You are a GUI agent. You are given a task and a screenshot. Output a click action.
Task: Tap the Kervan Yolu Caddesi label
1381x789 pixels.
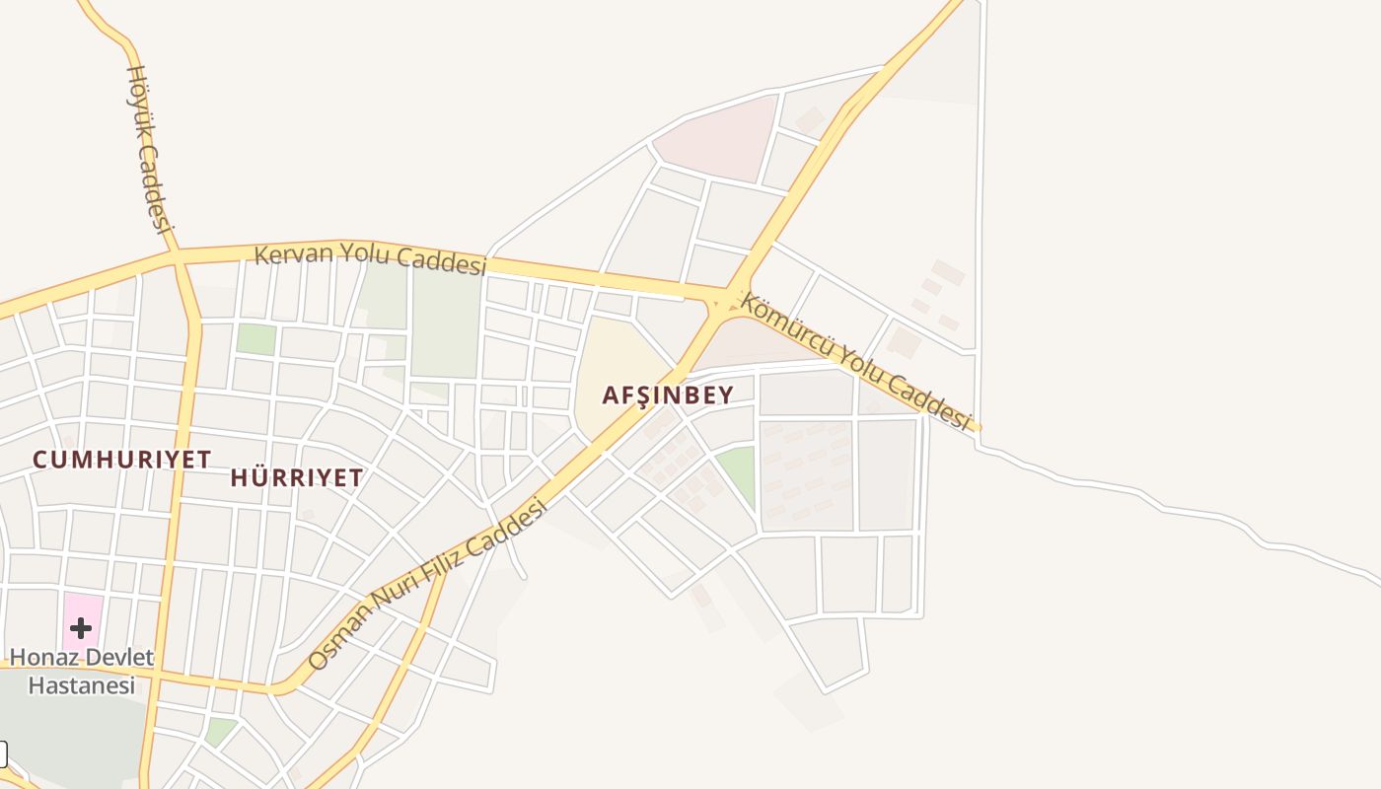[371, 256]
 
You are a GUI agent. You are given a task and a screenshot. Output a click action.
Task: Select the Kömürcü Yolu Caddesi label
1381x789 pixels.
[855, 360]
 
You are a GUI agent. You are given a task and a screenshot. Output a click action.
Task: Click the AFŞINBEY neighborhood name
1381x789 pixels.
[668, 395]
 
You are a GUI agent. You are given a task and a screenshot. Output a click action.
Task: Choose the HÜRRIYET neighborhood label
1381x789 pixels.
[296, 478]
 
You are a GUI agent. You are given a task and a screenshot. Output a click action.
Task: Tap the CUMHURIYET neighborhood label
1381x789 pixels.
[121, 460]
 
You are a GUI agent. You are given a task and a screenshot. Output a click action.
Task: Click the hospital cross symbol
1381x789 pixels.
[81, 627]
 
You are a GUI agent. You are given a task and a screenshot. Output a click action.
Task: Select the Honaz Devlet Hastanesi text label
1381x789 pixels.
[81, 671]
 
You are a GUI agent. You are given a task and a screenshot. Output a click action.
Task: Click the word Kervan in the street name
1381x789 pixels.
[289, 253]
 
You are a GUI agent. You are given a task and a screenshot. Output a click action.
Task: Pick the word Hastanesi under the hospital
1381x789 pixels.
[81, 684]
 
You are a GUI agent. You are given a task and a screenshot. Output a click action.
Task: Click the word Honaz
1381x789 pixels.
[40, 657]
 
